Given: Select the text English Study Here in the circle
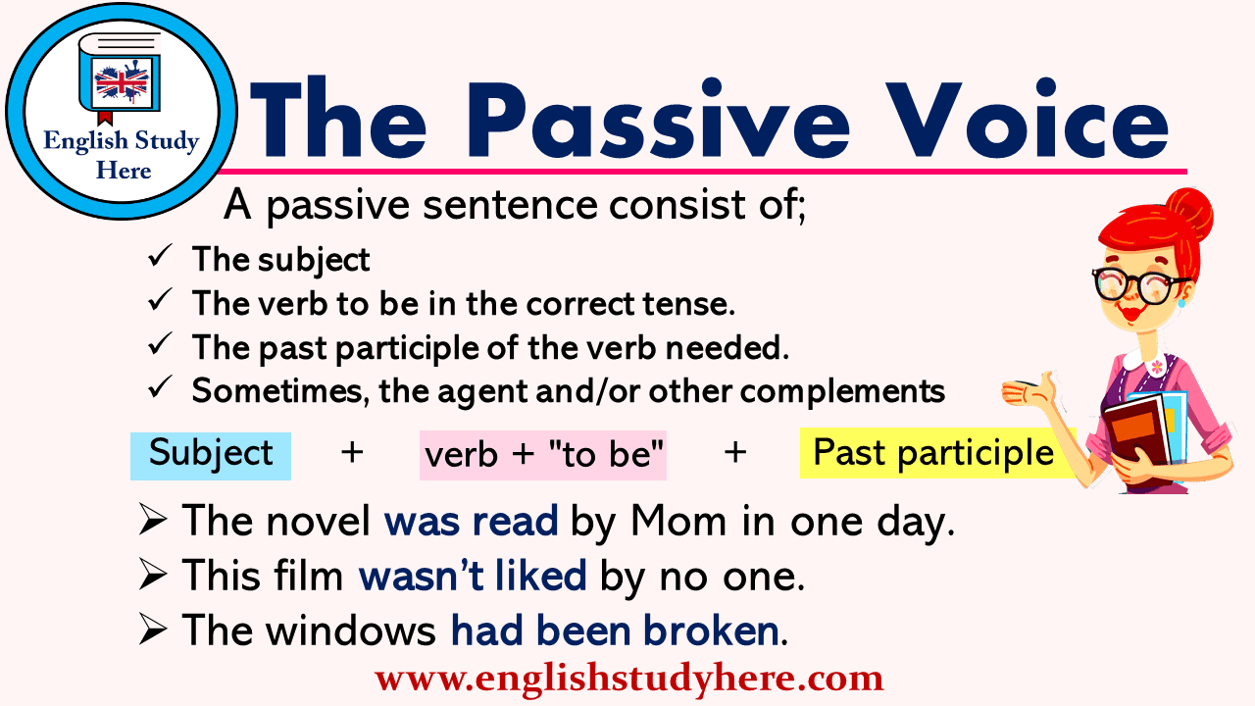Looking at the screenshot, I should coord(122,156).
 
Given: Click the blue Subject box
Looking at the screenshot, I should coord(211,455).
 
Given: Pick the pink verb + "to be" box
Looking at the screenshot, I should coord(543,455).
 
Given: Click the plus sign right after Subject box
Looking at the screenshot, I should coord(351,453).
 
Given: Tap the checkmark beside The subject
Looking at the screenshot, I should coord(159,259).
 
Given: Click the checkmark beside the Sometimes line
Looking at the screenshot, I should coord(159,390).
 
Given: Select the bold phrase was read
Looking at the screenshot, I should coord(471,522).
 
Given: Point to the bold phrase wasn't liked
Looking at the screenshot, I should coord(473,577).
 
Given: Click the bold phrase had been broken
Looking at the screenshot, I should coord(615,631).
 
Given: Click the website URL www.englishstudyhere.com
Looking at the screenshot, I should coord(628,679).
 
